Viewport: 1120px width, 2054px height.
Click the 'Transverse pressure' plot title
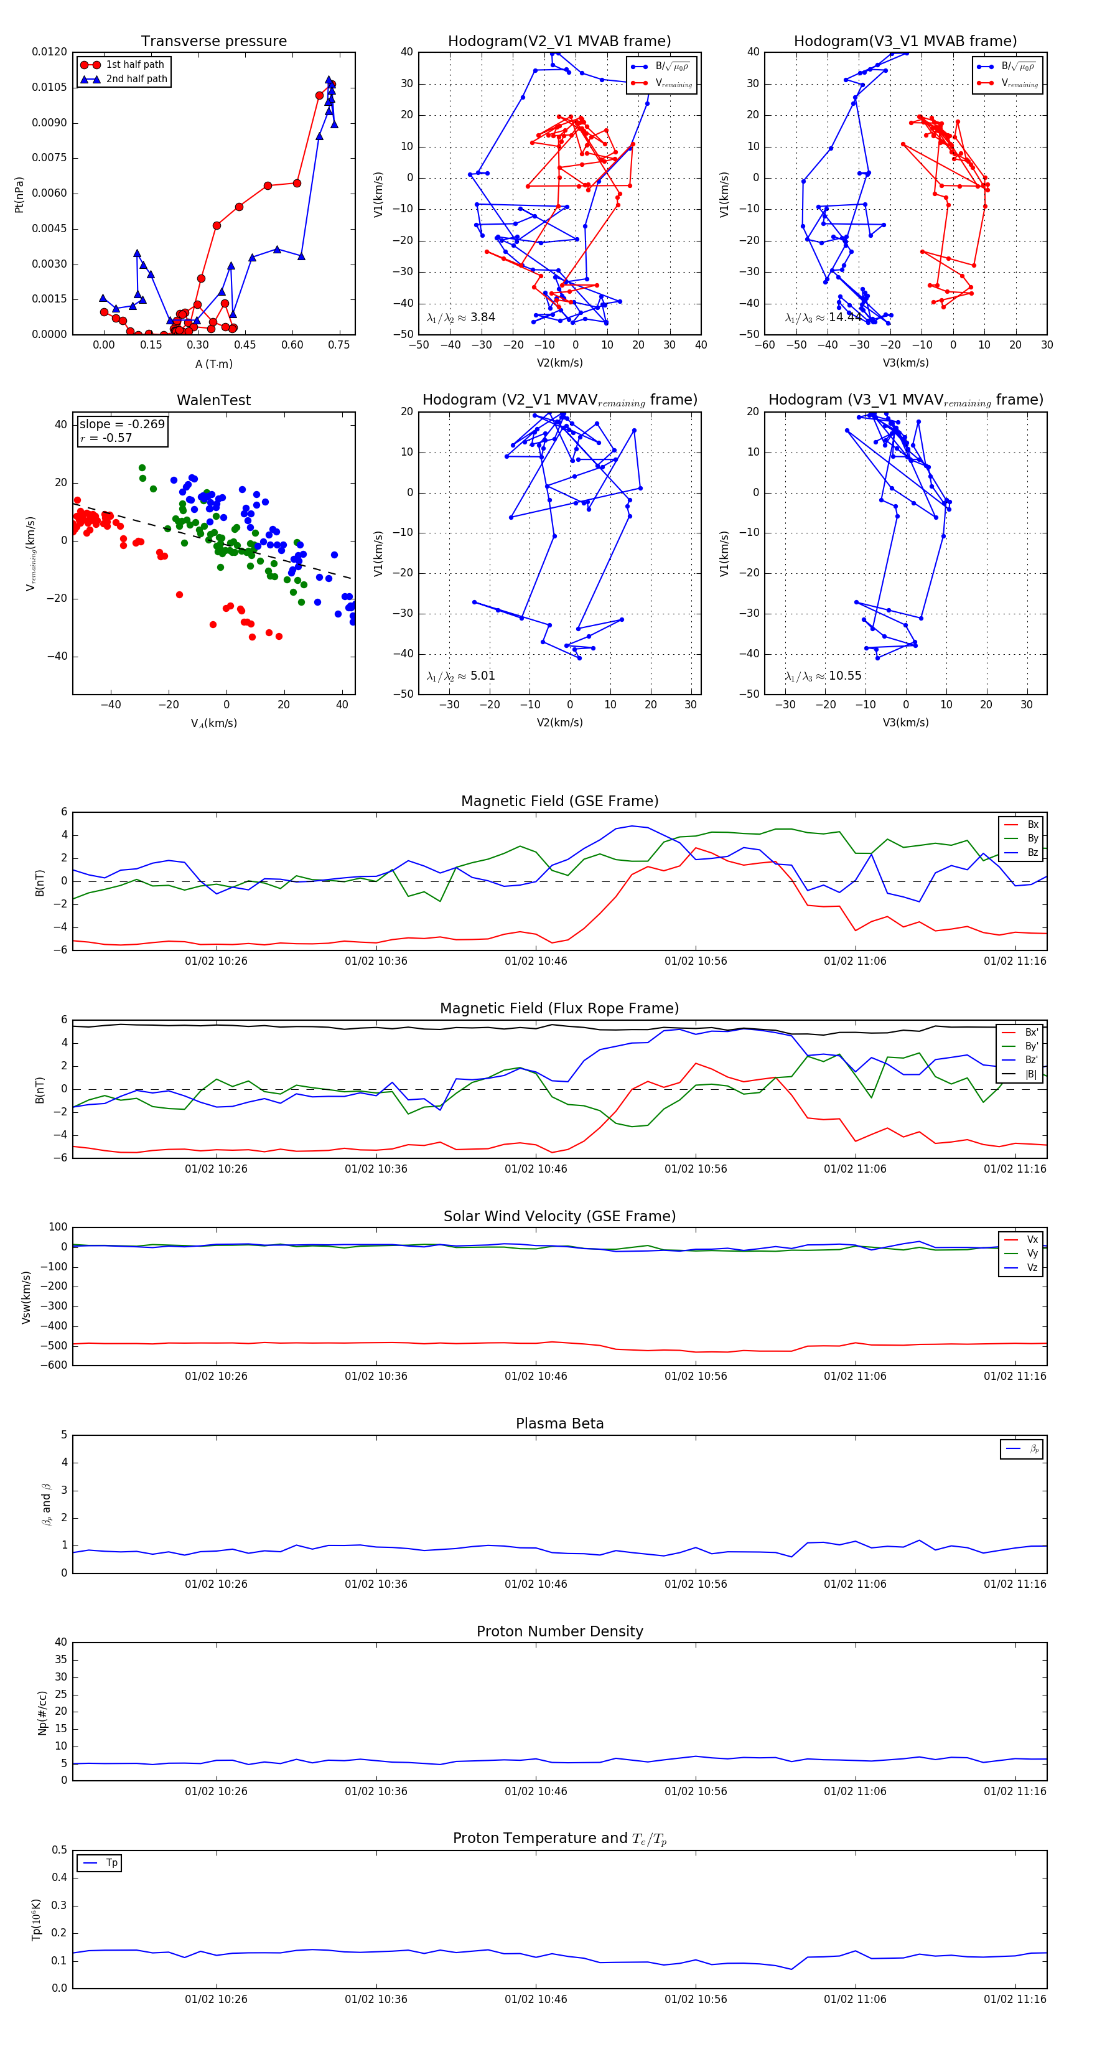[x=213, y=42]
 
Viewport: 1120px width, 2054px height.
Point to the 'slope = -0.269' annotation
[x=121, y=424]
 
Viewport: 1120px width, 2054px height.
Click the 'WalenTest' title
[x=213, y=400]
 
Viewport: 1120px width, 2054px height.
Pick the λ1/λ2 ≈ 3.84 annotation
[x=460, y=317]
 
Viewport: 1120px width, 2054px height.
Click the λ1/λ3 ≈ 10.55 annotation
[x=823, y=676]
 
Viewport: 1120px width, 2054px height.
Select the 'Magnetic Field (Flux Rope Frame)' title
[x=559, y=1009]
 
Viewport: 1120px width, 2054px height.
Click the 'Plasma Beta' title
[x=559, y=1423]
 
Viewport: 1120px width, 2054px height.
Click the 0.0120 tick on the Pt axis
[x=49, y=52]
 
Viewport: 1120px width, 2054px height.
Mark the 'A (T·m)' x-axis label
[x=213, y=364]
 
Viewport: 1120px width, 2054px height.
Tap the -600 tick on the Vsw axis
[x=53, y=1365]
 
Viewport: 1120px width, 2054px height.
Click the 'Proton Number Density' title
[x=559, y=1631]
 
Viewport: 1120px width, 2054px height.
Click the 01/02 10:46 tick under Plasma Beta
[x=536, y=1583]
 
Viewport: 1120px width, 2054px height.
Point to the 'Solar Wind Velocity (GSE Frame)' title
[x=559, y=1216]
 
